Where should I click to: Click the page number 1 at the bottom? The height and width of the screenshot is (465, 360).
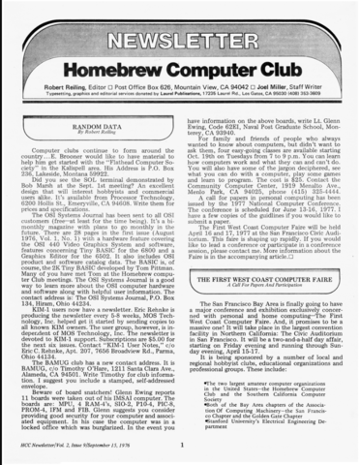[x=180, y=445]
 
